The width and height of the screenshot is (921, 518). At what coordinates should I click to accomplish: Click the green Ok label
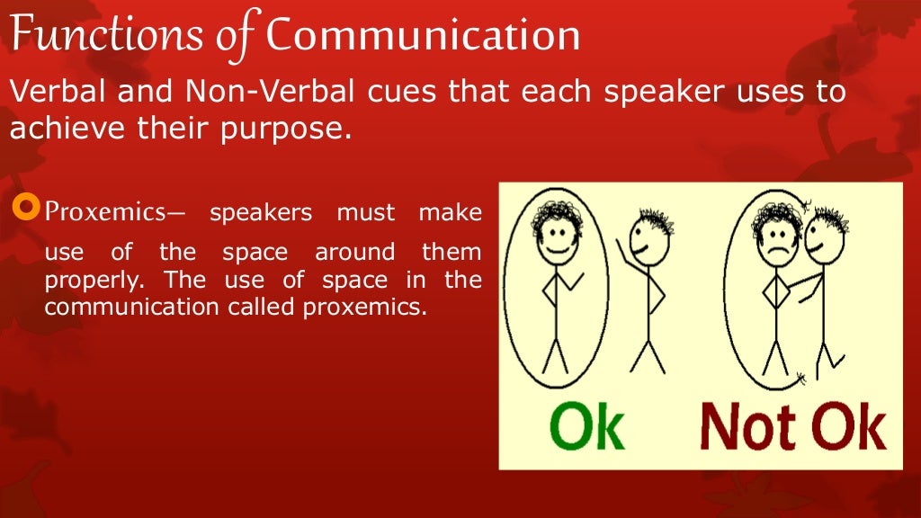pos(587,427)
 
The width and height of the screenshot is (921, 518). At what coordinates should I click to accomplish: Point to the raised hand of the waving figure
pos(619,245)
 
